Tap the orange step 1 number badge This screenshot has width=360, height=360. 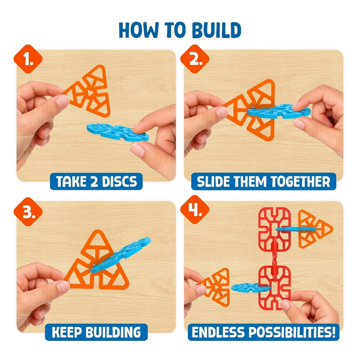[x=28, y=59]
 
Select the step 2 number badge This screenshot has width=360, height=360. [x=195, y=59]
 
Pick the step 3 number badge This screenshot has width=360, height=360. [x=28, y=212]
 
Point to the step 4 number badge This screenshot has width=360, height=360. [x=195, y=209]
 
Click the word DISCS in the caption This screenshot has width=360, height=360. [x=119, y=182]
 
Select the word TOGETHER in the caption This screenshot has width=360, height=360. [x=300, y=182]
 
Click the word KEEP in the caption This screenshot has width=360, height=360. [x=67, y=332]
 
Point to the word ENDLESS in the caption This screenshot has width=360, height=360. [x=218, y=332]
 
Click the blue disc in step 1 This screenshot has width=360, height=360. [x=118, y=132]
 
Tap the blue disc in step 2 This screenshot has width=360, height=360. [x=279, y=111]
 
